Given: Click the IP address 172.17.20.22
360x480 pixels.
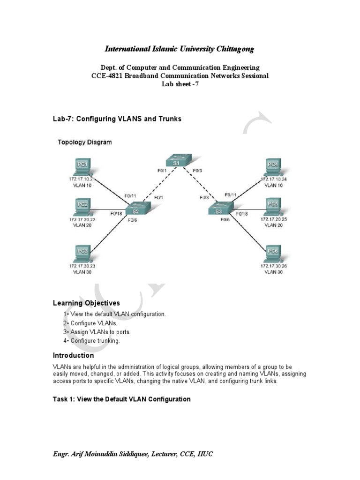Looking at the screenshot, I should (x=82, y=219).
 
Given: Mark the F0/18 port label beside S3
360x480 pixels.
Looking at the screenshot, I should (x=242, y=214).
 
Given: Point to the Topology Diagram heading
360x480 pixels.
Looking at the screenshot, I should (x=84, y=142).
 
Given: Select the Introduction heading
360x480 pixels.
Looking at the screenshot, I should (x=73, y=355).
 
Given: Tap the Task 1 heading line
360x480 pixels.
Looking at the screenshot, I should (x=121, y=399).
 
